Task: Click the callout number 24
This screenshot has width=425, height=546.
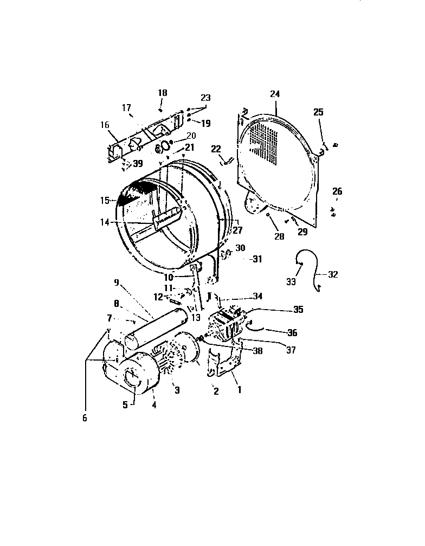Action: pyautogui.click(x=275, y=94)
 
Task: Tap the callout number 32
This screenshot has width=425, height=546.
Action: pyautogui.click(x=333, y=275)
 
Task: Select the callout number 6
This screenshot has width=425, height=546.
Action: pyautogui.click(x=85, y=417)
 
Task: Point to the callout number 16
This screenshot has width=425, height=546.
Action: pyautogui.click(x=104, y=124)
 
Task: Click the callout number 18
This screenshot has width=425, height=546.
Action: pyautogui.click(x=162, y=93)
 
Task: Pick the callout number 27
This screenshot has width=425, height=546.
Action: pyautogui.click(x=237, y=230)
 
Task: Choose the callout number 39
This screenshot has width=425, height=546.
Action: pyautogui.click(x=138, y=164)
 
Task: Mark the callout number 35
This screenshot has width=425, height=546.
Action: pyautogui.click(x=298, y=310)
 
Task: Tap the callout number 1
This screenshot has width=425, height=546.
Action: pyautogui.click(x=236, y=389)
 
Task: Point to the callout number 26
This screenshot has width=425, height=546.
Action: pyautogui.click(x=337, y=191)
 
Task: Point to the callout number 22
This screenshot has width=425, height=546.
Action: pyautogui.click(x=216, y=149)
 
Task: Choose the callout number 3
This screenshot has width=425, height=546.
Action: pyautogui.click(x=176, y=390)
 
